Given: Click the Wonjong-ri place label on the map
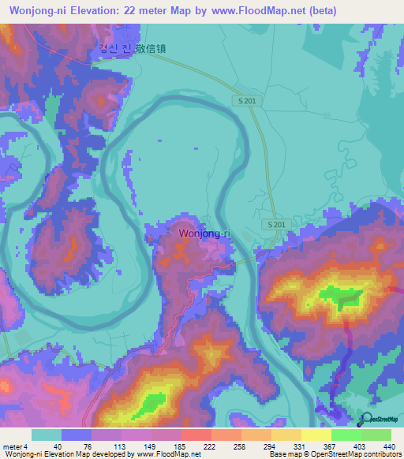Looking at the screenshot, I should click(204, 233).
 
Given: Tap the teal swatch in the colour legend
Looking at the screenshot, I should click(47, 435).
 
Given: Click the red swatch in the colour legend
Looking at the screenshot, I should click(196, 435).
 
